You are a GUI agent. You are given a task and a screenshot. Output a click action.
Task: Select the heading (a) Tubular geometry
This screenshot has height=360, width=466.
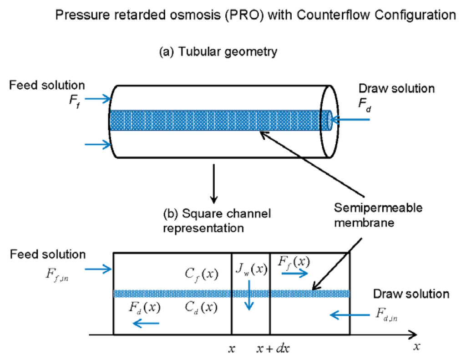[x=218, y=52]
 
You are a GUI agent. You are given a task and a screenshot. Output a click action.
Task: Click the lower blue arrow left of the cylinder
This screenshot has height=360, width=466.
[x=98, y=145]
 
